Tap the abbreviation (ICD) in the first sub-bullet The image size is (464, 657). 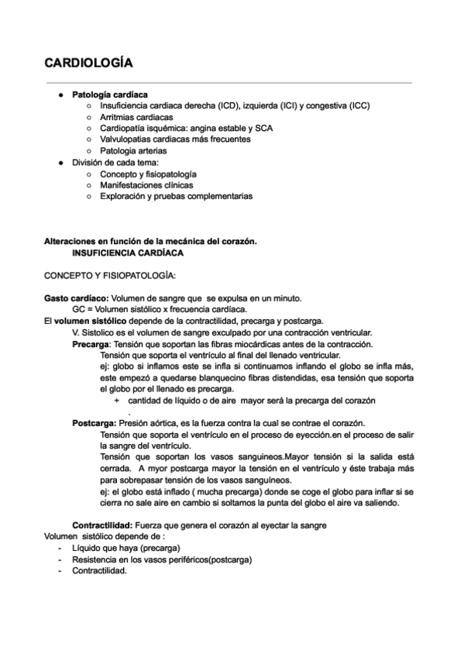228,105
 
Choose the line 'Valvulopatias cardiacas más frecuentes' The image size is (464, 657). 175,139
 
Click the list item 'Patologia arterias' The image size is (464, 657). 133,151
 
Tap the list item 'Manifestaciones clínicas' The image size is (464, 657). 147,185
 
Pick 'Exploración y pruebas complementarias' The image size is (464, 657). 176,197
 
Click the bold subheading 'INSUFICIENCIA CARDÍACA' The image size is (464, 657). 128,253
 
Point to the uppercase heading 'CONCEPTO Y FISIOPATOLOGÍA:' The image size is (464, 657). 110,276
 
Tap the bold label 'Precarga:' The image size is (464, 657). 92,344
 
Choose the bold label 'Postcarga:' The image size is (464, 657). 95,424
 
